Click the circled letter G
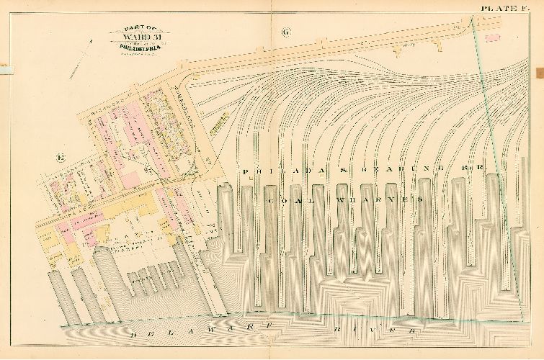pos(286,32)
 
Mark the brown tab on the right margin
pos(540,73)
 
